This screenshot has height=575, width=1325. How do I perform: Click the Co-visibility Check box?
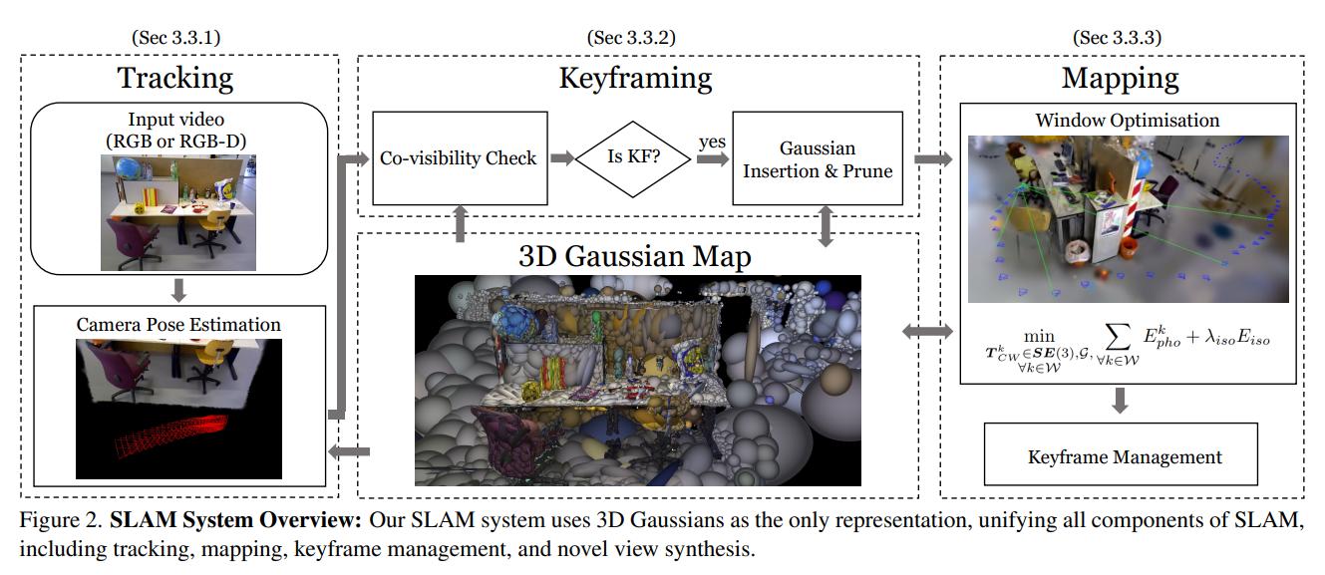point(458,157)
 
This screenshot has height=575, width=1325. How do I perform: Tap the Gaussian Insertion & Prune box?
point(817,157)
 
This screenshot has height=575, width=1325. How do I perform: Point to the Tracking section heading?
point(175,77)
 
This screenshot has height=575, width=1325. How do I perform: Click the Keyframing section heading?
point(635,77)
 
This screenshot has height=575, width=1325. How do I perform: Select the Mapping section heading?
point(1120,77)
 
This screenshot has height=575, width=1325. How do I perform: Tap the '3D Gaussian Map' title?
point(635,256)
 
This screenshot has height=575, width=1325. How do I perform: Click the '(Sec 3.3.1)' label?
point(175,38)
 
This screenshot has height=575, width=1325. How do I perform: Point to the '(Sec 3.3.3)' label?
point(1117,38)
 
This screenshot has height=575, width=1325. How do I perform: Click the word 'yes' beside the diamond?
point(711,143)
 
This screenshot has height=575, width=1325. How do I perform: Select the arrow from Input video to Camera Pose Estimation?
point(178,289)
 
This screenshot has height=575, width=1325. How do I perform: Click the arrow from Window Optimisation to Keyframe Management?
point(1120,400)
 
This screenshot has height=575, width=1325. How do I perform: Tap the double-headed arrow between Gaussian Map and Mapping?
point(927,331)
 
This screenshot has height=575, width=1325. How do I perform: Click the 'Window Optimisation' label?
point(1127,120)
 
